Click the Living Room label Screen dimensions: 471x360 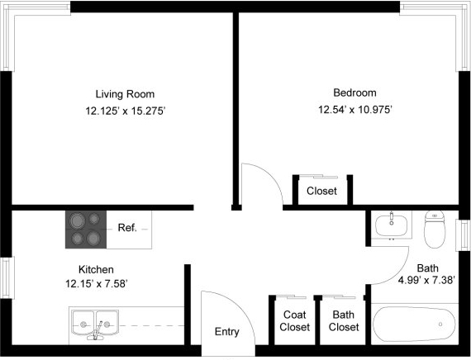point(125,94)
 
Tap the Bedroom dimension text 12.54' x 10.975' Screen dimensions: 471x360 point(355,110)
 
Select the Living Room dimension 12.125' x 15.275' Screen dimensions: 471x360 point(126,111)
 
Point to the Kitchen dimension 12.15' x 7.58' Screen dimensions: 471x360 point(97,284)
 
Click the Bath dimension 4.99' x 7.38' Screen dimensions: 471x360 point(426,281)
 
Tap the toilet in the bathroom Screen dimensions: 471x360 point(435,229)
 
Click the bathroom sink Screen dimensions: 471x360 point(392,225)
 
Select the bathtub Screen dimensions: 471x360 point(414,324)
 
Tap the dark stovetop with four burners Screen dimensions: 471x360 point(86,230)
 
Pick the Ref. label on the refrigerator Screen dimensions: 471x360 point(127,228)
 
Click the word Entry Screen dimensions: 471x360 point(226,332)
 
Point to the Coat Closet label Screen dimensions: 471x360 point(294,321)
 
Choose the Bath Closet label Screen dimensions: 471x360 point(344,321)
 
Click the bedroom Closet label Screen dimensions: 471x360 point(321,191)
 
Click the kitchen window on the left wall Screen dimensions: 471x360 point(7,277)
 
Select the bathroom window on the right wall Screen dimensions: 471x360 point(464,235)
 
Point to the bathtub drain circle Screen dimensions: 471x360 point(440,324)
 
